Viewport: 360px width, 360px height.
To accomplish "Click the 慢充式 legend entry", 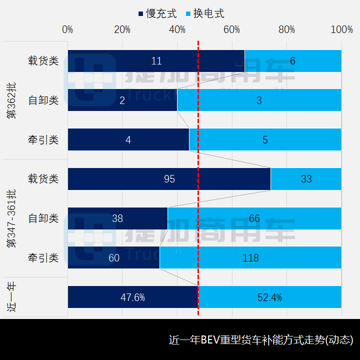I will (x=157, y=13).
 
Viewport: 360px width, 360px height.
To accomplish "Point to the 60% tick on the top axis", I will (x=232, y=29).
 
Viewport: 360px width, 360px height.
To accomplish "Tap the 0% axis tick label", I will (x=67, y=29).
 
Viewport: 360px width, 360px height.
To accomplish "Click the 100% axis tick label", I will (x=341, y=29).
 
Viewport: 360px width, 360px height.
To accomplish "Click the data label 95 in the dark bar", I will (x=169, y=179).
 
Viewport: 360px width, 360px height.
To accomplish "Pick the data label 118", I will (x=250, y=258).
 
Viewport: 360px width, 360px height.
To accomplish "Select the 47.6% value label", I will (x=133, y=297).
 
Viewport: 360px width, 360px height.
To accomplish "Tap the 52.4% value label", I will (x=270, y=297).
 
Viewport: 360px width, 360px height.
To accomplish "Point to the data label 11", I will (x=156, y=61).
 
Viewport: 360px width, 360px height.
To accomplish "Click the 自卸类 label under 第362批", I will (x=43, y=100).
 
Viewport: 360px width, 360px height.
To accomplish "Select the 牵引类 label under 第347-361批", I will (x=43, y=258).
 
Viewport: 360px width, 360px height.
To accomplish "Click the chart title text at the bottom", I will (x=261, y=340).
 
